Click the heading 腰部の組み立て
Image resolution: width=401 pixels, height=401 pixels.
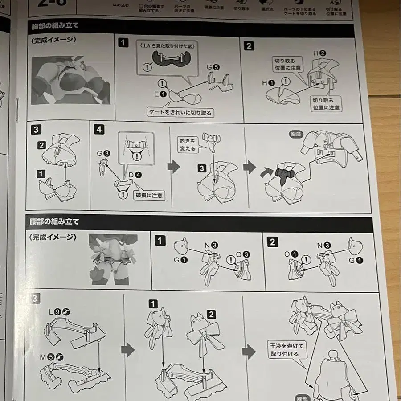(x=55, y=221)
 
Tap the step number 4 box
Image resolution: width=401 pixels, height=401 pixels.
(x=99, y=130)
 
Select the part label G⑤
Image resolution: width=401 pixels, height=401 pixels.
(x=213, y=67)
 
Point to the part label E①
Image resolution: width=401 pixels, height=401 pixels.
(x=160, y=94)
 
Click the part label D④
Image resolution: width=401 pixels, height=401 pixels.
(x=135, y=175)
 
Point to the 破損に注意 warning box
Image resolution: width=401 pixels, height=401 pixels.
(x=149, y=195)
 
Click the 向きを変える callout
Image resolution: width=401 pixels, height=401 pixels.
(x=187, y=145)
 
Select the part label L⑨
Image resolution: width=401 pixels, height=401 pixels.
(x=60, y=312)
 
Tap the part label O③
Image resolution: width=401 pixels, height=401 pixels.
(x=242, y=255)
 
